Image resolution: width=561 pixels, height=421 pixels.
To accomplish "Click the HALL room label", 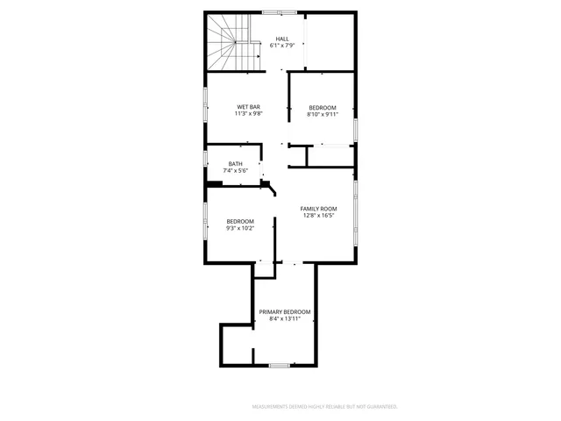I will (282, 39).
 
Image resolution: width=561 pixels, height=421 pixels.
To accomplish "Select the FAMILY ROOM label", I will (319, 208).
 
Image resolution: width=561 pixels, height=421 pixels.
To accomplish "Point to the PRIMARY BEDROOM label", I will (284, 311).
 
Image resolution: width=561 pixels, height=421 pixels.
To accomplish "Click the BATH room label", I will (236, 163).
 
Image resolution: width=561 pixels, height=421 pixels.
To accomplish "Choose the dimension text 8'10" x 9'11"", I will (323, 114).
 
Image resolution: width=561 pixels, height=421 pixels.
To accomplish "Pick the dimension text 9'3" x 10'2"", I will (240, 228).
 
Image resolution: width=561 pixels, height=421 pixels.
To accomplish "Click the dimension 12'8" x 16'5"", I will (319, 215).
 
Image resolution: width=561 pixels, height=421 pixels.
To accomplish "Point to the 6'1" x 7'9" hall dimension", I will (282, 46).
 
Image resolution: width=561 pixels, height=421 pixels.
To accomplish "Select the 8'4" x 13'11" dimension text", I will (284, 318).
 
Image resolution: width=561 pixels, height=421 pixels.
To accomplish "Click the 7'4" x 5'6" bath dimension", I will (236, 170).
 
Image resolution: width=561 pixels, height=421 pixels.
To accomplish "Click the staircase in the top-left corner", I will (227, 42).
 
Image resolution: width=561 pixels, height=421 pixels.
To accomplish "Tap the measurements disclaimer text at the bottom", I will (325, 407).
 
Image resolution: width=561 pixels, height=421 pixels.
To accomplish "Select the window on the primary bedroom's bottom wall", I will (280, 365).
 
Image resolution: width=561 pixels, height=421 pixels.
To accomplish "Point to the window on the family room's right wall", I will (355, 210).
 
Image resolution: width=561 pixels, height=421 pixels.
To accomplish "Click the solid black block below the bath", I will (213, 183).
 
